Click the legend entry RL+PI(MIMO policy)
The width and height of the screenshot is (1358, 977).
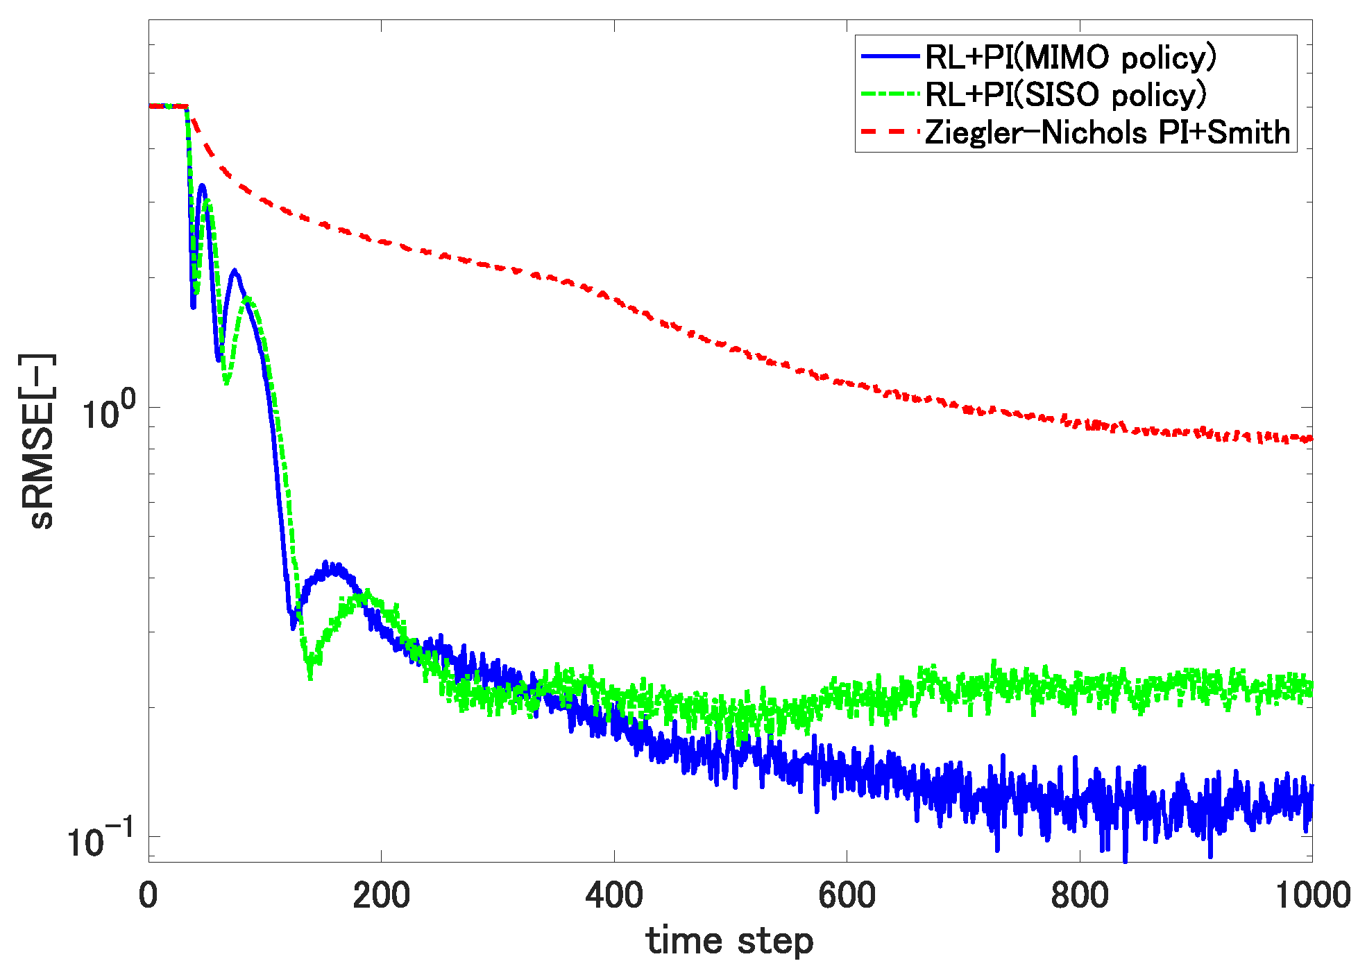[x=1070, y=58]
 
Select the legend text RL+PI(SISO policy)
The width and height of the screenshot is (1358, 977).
[x=1066, y=95]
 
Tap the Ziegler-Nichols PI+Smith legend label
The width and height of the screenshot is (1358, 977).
[x=1107, y=132]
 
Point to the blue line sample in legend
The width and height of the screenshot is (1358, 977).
[x=890, y=56]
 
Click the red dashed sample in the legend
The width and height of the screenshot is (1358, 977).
[x=890, y=131]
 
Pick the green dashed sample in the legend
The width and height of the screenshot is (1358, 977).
[x=890, y=94]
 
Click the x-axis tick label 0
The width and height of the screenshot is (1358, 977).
[x=148, y=895]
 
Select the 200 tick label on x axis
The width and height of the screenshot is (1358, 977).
[x=381, y=895]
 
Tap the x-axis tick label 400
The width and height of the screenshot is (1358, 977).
[x=614, y=895]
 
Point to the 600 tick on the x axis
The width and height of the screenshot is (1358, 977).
[x=847, y=895]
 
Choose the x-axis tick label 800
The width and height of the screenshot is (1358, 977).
[x=1080, y=895]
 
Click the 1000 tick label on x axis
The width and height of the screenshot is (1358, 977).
[x=1312, y=895]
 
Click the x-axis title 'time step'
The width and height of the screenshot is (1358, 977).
[x=729, y=942]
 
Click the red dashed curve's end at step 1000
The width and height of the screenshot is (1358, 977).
[x=1310, y=438]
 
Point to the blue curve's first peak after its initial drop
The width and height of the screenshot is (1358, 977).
[x=202, y=186]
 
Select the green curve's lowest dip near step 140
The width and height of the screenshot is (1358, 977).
[x=309, y=675]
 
